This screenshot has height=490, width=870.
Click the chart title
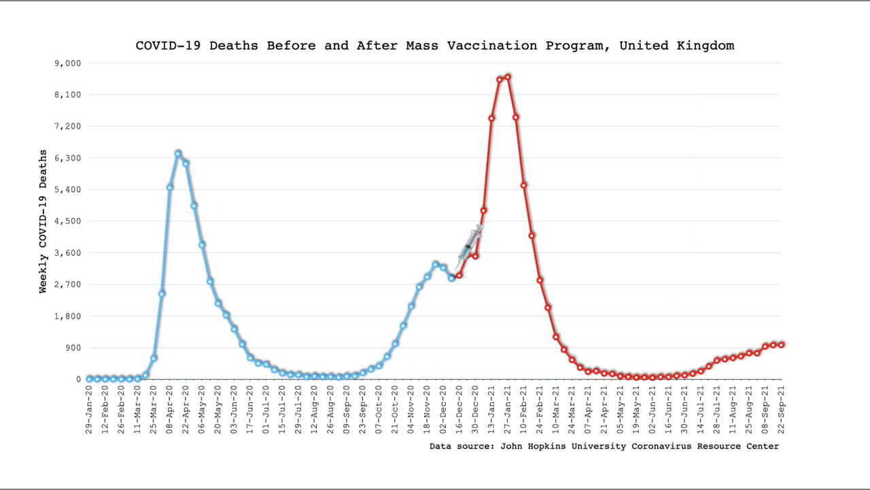click(x=435, y=46)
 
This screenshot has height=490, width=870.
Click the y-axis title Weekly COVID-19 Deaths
click(x=43, y=221)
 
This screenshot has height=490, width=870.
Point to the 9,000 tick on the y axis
click(x=67, y=63)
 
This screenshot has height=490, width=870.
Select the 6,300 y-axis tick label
click(x=67, y=158)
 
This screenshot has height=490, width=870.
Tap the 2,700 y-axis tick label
click(x=67, y=284)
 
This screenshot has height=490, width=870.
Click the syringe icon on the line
click(x=470, y=243)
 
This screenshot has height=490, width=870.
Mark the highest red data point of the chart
click(x=508, y=77)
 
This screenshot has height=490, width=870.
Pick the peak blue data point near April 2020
click(x=178, y=154)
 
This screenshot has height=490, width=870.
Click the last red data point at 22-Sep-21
click(x=782, y=344)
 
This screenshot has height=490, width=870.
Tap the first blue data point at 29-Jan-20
click(x=89, y=378)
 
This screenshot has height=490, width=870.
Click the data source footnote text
click(x=604, y=446)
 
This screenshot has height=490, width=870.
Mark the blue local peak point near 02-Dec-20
click(x=436, y=264)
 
